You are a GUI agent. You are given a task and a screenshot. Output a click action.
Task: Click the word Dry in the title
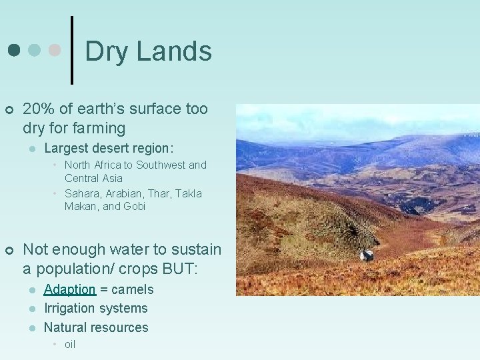pyautogui.click(x=107, y=52)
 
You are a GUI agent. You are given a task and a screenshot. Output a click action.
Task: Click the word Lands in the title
pyautogui.click(x=174, y=52)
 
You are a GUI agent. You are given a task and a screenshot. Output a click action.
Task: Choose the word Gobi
pyautogui.click(x=133, y=206)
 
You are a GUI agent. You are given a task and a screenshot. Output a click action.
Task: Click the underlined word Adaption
pyautogui.click(x=70, y=289)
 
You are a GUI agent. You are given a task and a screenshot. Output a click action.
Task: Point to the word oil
pyautogui.click(x=70, y=344)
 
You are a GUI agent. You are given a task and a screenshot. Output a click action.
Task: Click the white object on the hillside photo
pyautogui.click(x=366, y=255)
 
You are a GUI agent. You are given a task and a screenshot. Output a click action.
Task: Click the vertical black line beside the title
pyautogui.click(x=72, y=50)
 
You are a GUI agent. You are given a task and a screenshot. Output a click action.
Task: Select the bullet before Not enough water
pyautogui.click(x=9, y=250)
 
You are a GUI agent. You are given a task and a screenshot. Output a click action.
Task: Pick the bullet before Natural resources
pyautogui.click(x=31, y=328)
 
